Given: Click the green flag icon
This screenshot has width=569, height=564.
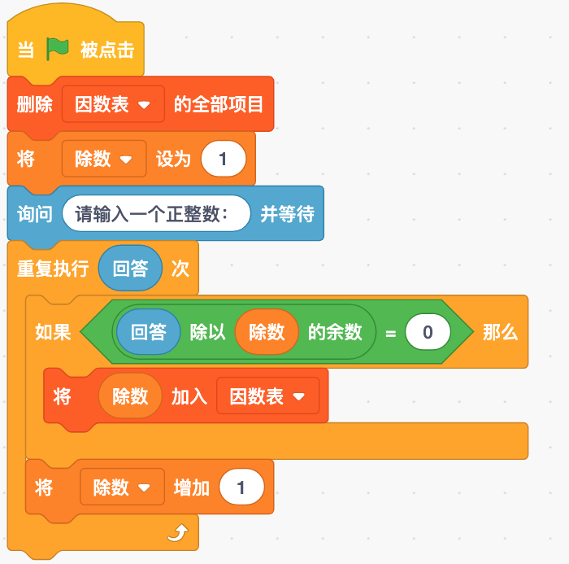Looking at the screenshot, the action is [x=58, y=49].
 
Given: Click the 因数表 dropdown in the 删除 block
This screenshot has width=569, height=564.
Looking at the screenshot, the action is [x=113, y=104].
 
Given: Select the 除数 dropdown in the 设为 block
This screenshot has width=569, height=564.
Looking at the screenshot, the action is [x=104, y=159].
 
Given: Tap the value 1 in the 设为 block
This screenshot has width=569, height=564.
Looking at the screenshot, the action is [x=224, y=159].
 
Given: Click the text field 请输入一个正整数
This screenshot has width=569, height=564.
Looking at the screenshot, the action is [x=156, y=213].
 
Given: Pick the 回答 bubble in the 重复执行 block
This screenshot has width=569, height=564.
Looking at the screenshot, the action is [x=130, y=269].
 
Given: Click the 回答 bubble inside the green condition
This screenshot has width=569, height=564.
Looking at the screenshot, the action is [x=149, y=332].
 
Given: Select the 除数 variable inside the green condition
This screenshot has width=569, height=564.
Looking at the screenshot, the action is [x=267, y=332].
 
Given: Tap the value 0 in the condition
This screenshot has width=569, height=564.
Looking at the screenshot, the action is [x=428, y=332].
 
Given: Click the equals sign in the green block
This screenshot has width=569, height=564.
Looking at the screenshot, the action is [x=390, y=333].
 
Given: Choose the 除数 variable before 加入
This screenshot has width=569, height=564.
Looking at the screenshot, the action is [x=130, y=396].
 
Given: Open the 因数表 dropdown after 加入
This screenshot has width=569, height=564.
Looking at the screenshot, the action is [x=267, y=396].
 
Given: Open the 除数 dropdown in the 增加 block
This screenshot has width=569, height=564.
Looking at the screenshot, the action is [x=122, y=487].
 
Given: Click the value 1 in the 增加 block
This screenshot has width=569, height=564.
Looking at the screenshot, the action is [x=241, y=487].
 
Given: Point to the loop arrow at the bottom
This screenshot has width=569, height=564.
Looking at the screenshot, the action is [x=178, y=533].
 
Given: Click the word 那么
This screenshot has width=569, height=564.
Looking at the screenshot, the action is [x=500, y=332].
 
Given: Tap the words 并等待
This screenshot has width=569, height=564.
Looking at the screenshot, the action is [x=288, y=214].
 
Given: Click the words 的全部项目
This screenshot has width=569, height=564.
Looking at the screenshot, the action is [x=219, y=104].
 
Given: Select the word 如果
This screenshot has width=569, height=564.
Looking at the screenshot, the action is [x=53, y=332].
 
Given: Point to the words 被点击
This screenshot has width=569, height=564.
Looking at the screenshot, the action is [x=107, y=50].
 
